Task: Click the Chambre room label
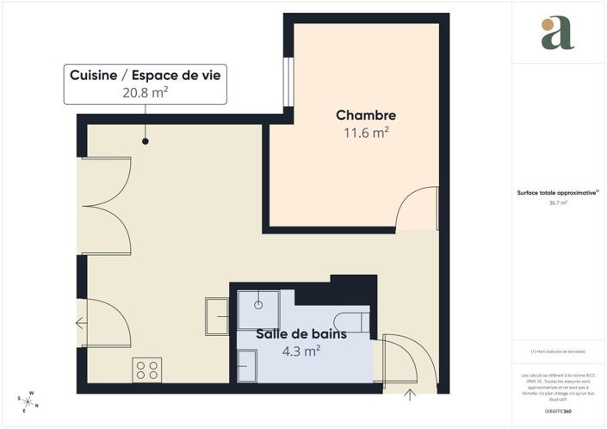(x=366, y=115)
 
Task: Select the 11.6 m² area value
(x=366, y=133)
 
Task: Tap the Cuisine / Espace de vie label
(x=145, y=76)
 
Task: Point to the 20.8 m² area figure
(x=145, y=94)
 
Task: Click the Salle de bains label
(x=301, y=334)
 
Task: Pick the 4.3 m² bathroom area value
(x=301, y=351)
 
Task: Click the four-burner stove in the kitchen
(x=147, y=370)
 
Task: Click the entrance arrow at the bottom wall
(x=410, y=395)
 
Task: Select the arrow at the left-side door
(x=81, y=324)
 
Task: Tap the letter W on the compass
(x=32, y=394)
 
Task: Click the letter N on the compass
(x=37, y=406)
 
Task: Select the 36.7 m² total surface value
(x=557, y=203)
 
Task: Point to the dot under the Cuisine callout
(x=145, y=141)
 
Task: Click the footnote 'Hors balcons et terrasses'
(x=557, y=351)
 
